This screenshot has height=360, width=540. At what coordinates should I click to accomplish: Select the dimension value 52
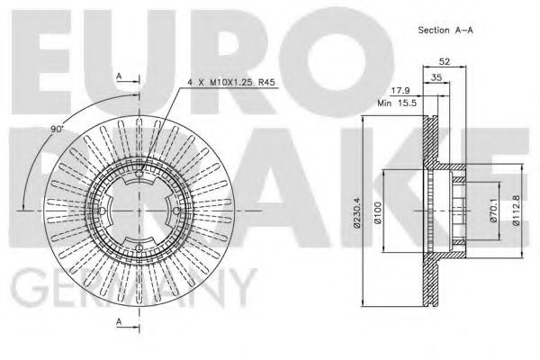(444, 62)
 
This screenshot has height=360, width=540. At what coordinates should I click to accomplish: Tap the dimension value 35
(436, 79)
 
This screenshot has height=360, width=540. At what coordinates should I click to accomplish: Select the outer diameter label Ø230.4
(358, 212)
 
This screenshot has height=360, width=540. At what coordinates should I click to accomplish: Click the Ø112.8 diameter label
(517, 212)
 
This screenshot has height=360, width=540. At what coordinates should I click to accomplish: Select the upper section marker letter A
(120, 76)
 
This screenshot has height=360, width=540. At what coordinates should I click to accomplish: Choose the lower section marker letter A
(120, 321)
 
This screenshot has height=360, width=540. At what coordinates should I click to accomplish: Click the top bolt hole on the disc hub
(139, 174)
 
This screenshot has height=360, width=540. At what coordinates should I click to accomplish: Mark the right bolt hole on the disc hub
(176, 211)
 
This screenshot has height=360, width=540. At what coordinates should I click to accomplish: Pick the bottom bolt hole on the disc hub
(139, 248)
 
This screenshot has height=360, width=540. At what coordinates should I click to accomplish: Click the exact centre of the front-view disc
(139, 211)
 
